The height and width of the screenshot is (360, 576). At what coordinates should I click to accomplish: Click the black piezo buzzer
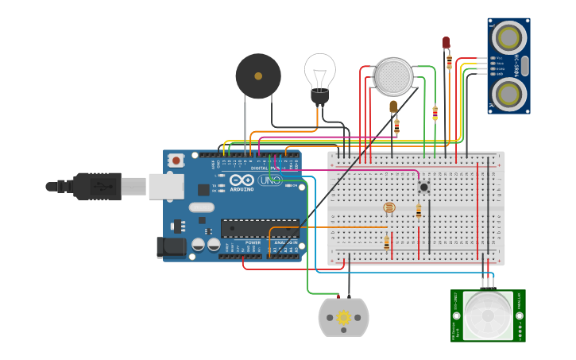(258, 76)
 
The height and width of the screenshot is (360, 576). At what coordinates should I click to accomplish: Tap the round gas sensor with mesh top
(393, 75)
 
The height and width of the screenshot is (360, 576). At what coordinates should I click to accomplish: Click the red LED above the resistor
(446, 42)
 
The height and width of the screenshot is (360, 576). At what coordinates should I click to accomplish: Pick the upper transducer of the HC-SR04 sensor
(508, 37)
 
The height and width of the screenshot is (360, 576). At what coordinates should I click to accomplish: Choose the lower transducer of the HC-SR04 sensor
(508, 93)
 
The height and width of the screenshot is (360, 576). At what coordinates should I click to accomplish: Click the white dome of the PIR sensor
(488, 316)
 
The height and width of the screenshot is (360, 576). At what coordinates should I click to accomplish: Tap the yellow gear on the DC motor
(344, 317)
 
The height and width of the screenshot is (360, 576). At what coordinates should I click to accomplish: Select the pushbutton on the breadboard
(424, 187)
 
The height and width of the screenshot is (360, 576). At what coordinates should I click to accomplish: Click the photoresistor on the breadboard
(389, 207)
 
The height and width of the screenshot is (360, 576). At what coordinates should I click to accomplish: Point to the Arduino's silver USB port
(166, 186)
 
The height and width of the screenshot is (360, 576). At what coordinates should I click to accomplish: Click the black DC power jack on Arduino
(171, 247)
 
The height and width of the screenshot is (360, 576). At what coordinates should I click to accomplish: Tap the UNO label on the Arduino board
(269, 180)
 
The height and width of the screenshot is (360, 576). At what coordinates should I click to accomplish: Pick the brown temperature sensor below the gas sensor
(393, 106)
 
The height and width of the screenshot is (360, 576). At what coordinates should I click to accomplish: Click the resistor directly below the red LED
(449, 61)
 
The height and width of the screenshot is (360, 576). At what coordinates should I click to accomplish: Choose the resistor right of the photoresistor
(419, 211)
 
